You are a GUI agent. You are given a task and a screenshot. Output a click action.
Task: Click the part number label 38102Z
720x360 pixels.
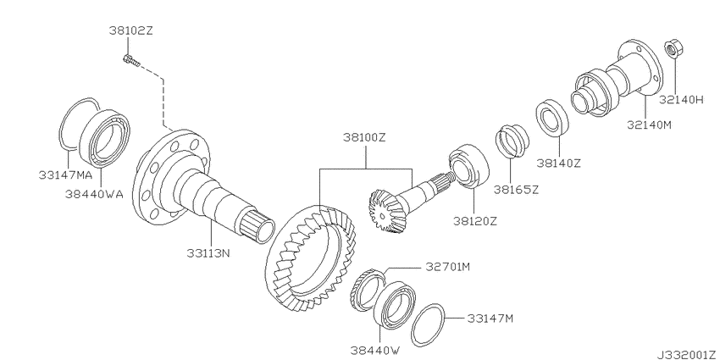coord(130,30)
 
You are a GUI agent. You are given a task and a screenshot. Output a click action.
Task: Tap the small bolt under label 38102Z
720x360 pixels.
coord(130,60)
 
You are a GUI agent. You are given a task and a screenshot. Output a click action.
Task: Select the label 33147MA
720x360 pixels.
coord(66,175)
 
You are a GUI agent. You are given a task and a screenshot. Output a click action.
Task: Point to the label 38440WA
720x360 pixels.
coord(94,194)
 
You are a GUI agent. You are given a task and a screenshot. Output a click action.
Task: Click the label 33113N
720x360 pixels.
coord(208,253)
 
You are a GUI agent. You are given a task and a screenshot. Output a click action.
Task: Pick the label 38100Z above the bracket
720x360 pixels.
coord(366,138)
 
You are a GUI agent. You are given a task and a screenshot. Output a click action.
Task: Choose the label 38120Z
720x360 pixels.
coord(475,221)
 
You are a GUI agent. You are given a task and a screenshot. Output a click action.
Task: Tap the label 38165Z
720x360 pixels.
coord(516,189)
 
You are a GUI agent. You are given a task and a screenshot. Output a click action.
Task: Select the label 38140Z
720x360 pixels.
coord(559,163)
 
